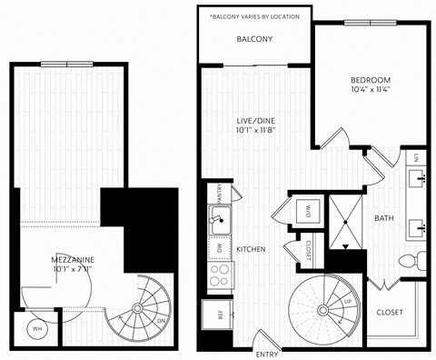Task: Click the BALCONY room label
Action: [x=254, y=40]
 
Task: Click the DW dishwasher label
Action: [x=220, y=247]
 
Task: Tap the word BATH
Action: [x=383, y=218]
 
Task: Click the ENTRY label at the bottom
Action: [x=267, y=354]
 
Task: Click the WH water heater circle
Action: [x=37, y=328]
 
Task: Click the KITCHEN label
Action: [x=251, y=248]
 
